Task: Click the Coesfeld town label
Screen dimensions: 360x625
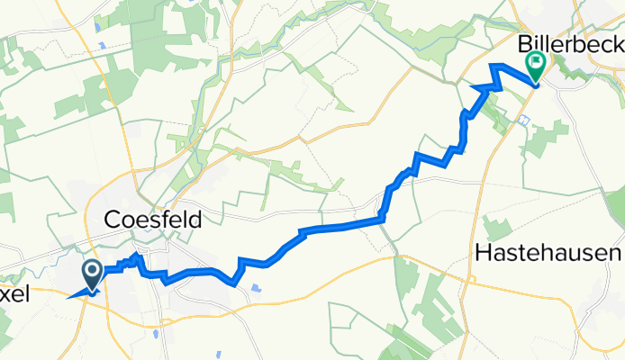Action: click(152, 220)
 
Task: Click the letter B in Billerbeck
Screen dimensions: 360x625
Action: click(524, 43)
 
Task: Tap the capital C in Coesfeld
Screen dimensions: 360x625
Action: click(113, 220)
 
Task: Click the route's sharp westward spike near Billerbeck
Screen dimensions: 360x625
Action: click(473, 86)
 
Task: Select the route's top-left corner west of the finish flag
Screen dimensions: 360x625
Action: click(491, 66)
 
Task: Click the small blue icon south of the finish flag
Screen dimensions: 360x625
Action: click(524, 119)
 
